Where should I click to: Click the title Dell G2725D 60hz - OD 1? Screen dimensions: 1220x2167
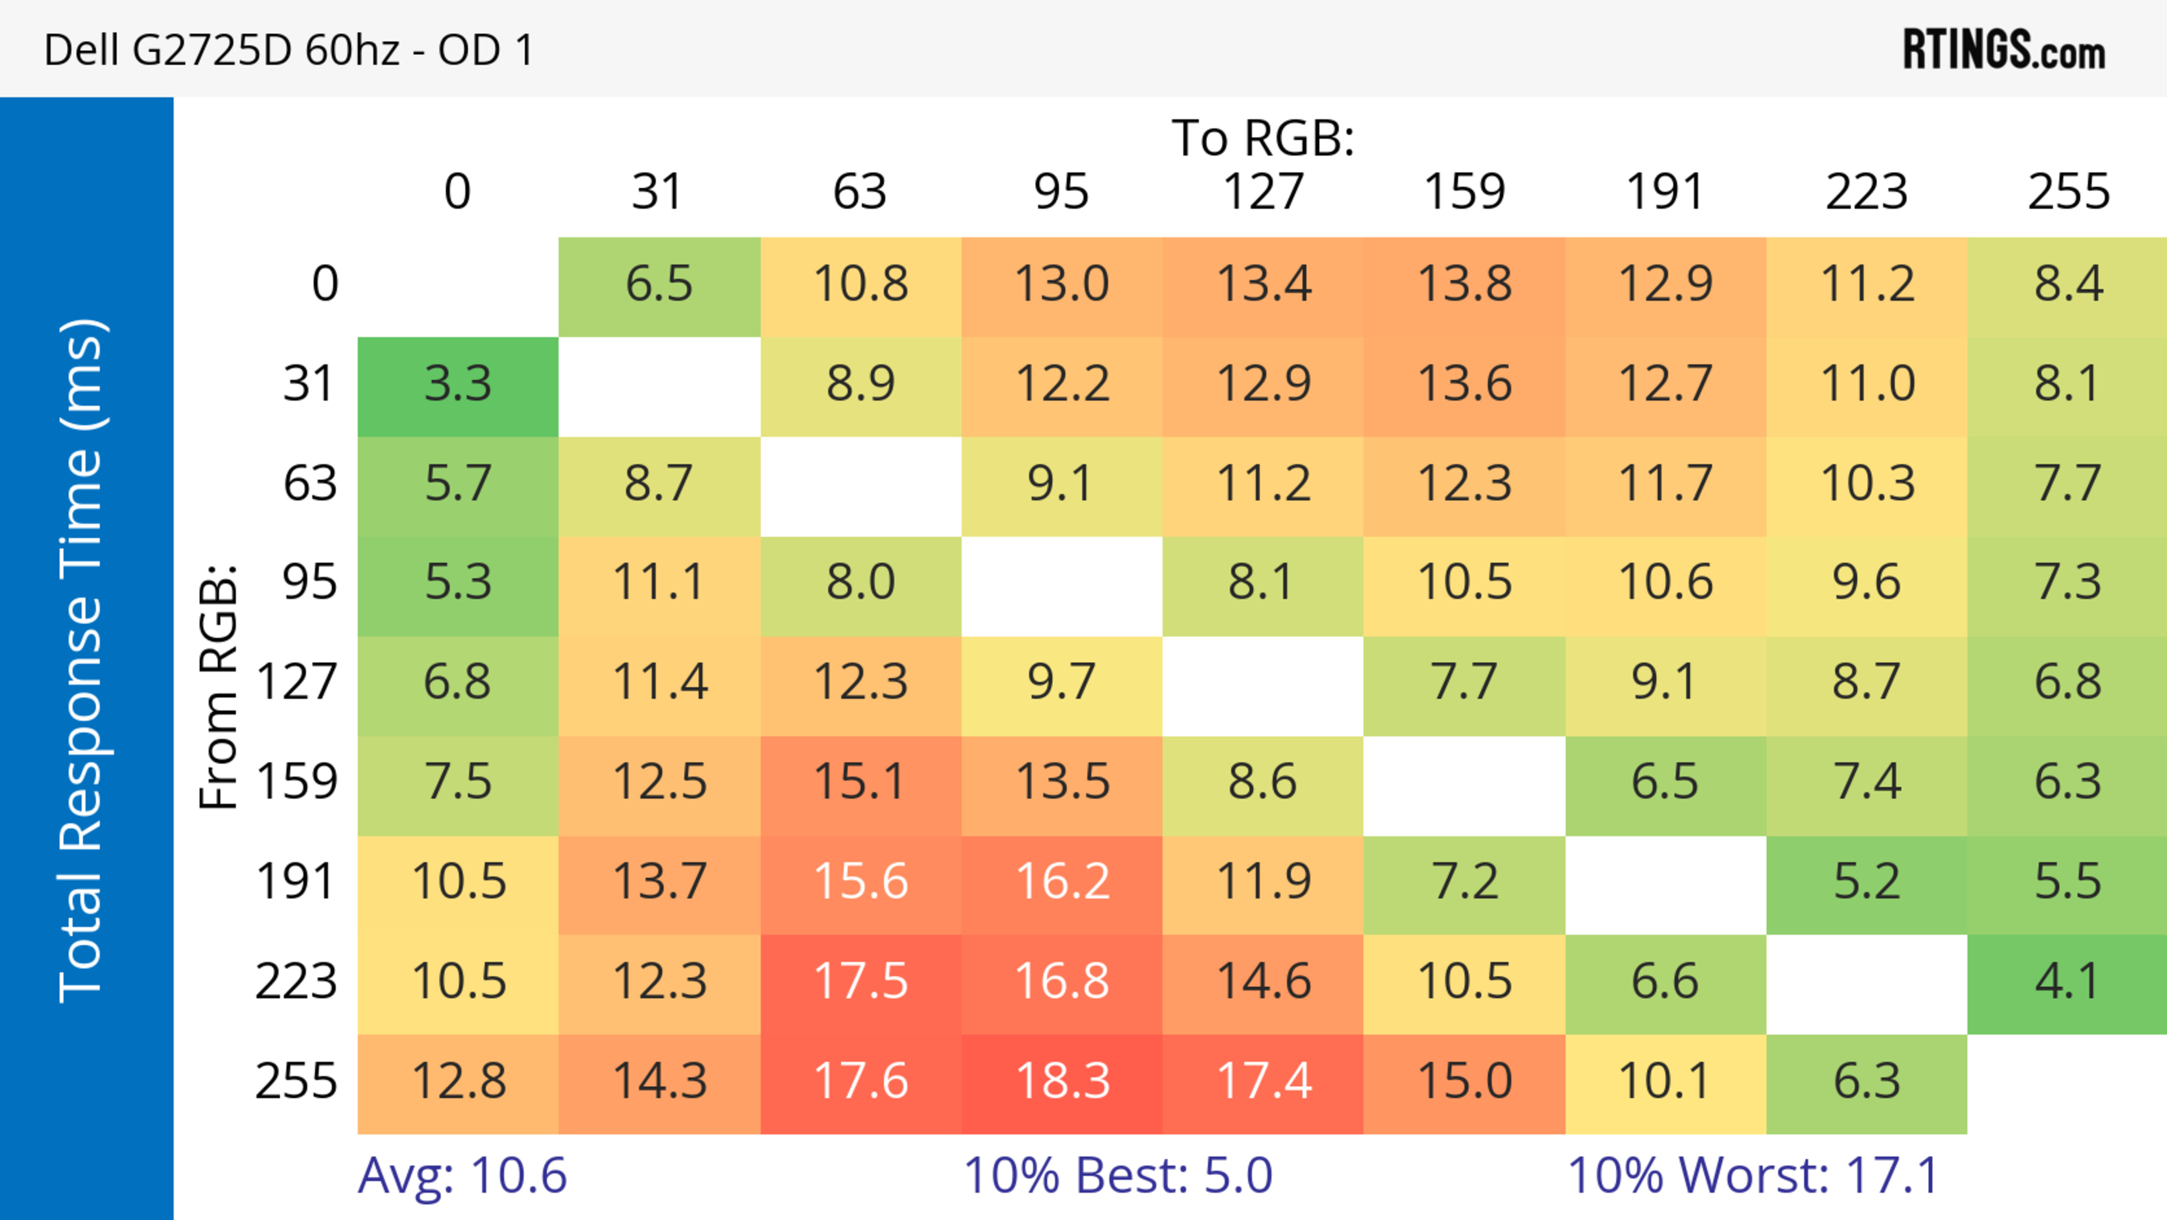(288, 50)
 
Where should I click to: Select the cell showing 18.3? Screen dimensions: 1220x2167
(1061, 1082)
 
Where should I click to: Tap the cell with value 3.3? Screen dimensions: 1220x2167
(458, 384)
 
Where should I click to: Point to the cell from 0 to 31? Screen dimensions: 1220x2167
(659, 285)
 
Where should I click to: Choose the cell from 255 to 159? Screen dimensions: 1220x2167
(1464, 1082)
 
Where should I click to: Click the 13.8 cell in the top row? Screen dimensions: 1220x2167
(1464, 285)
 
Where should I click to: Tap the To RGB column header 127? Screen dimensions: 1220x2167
(1263, 193)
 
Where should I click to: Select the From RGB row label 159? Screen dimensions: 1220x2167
(297, 782)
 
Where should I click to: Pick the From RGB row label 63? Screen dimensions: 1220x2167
(310, 484)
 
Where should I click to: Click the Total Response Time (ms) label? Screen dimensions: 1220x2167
(82, 661)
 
